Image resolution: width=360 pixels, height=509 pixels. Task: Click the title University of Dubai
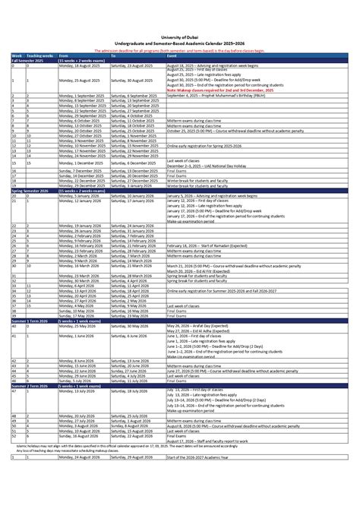180,35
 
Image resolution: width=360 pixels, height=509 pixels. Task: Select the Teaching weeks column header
39,55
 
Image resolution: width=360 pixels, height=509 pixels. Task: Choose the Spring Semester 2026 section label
30,190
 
